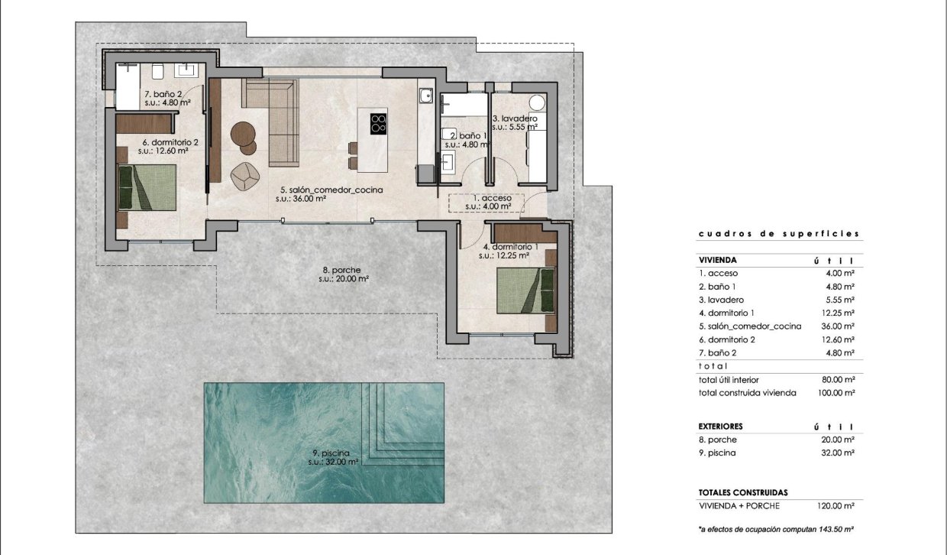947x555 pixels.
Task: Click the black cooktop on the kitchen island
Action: (x=378, y=123)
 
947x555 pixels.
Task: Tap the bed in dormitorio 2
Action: (x=147, y=187)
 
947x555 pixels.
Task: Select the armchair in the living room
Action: (x=246, y=176)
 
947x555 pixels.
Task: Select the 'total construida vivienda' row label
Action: (x=747, y=393)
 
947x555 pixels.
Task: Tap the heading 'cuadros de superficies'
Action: (x=779, y=234)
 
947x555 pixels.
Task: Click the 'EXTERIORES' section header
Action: (x=720, y=426)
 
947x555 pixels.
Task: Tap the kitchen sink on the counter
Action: (x=425, y=96)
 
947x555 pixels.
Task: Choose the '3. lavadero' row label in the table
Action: (x=721, y=300)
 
